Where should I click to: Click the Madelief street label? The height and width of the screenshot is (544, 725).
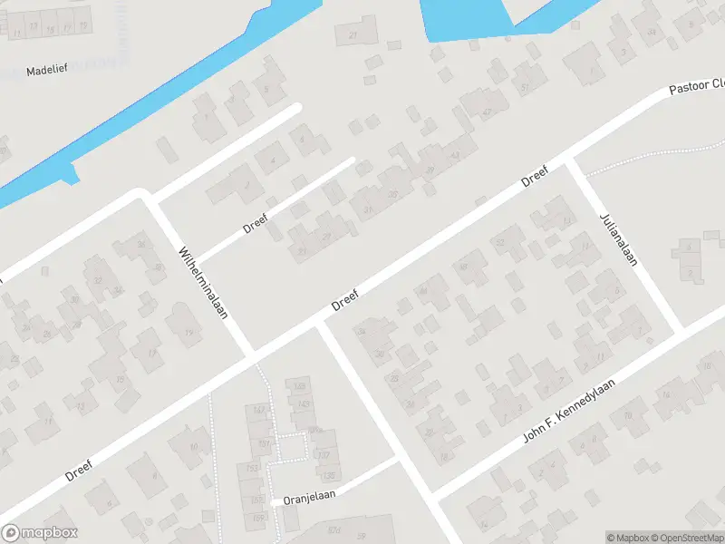[x=44, y=70]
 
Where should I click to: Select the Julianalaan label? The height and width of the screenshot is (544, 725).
[x=618, y=239]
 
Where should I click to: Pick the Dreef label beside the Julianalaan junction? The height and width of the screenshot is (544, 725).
[x=536, y=175]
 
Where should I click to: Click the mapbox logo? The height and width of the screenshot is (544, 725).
[x=40, y=533]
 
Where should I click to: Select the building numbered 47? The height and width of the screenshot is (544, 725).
[x=487, y=112]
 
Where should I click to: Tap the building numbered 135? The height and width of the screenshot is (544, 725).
[x=328, y=475]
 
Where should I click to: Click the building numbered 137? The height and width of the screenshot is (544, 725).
[x=327, y=455]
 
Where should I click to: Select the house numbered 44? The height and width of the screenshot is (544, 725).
[x=421, y=290]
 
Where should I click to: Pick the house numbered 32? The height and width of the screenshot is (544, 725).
[x=140, y=246]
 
